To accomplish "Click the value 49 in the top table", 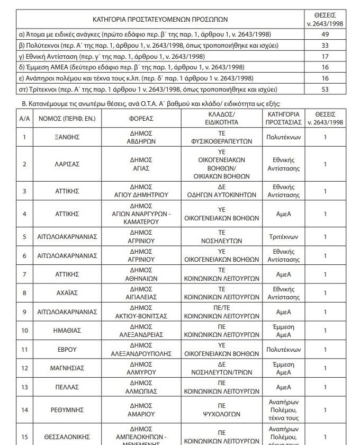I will [325, 34].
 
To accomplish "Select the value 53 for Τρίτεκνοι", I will [325, 89].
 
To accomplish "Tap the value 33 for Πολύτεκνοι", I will [325, 46].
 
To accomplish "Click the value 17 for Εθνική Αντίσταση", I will [325, 57].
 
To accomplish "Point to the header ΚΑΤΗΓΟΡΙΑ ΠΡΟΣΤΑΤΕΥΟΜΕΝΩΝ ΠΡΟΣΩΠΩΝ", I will [160, 19].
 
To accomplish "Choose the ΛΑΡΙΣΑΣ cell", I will [67, 164].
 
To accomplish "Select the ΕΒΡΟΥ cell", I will [67, 350].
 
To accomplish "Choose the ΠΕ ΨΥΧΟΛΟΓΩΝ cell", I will [222, 410].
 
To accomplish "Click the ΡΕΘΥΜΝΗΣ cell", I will [67, 410].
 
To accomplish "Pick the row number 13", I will [24, 387].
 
